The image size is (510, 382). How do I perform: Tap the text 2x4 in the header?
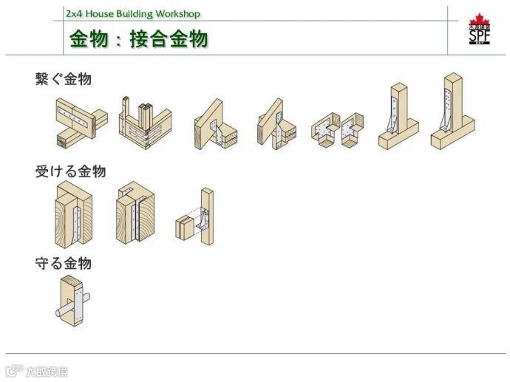click(x=73, y=14)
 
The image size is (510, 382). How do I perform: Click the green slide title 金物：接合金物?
click(x=138, y=38)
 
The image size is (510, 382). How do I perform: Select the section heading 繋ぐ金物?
click(x=64, y=79)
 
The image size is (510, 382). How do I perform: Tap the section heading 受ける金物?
click(x=70, y=171)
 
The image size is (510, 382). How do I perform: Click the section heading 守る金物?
click(x=64, y=263)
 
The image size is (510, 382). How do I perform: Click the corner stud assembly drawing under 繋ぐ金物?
click(x=145, y=122)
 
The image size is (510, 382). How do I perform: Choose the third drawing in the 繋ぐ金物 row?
click(x=215, y=123)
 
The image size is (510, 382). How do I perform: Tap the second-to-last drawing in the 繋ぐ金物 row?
click(x=398, y=116)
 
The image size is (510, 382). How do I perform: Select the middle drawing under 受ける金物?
click(x=135, y=213)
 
